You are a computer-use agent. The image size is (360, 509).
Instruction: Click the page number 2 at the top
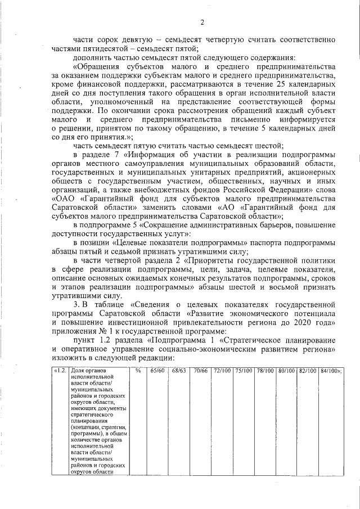pos(201,22)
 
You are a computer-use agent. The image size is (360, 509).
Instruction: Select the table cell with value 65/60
pos(157,371)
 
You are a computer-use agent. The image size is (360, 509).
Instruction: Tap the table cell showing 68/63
pos(178,371)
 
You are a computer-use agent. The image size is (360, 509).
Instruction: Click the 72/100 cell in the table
pos(222,371)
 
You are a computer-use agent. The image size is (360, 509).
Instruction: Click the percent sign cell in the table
pos(137,371)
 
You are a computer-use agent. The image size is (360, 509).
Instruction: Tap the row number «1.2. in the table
pos(60,371)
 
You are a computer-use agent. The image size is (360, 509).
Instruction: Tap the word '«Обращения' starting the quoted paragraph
pos(97,66)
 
